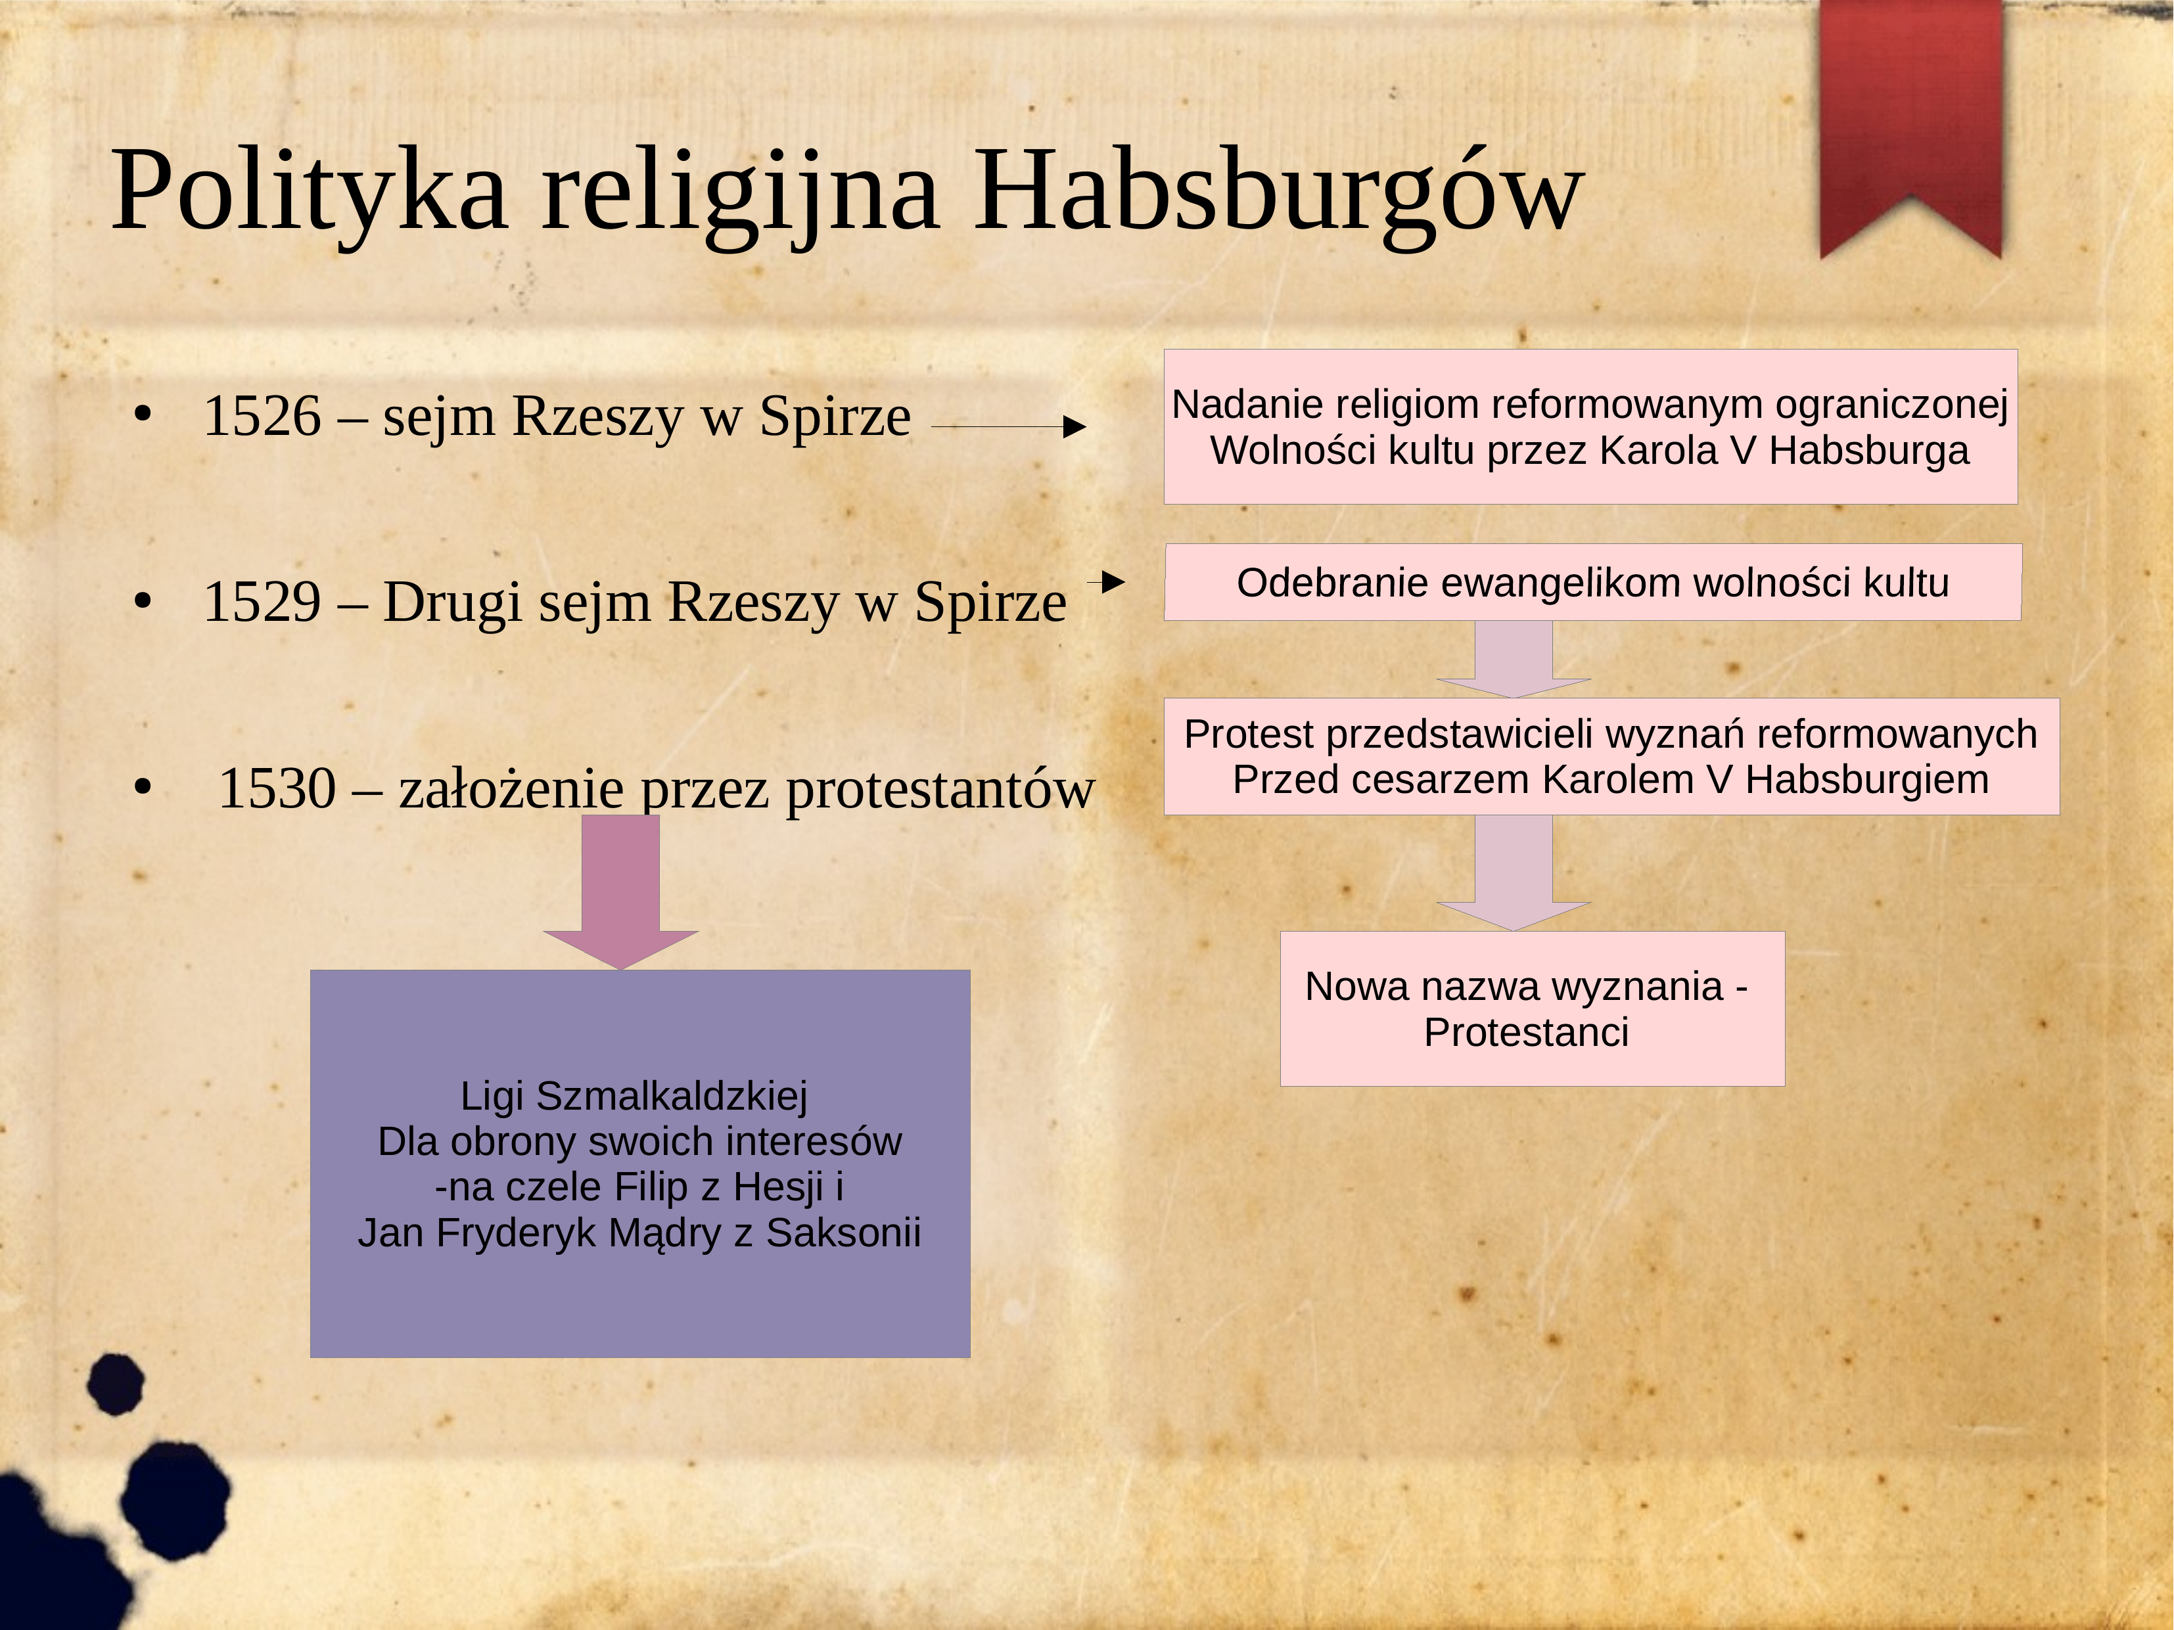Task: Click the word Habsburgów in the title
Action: (1279, 192)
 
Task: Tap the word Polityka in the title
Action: (309, 192)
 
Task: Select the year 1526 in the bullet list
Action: (262, 416)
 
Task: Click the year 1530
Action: (277, 788)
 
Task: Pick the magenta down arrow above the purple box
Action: (621, 892)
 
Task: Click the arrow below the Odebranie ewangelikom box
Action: (1514, 659)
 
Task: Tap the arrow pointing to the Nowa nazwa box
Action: (1514, 872)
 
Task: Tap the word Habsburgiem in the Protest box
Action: (1867, 780)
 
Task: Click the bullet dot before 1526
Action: (143, 417)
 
